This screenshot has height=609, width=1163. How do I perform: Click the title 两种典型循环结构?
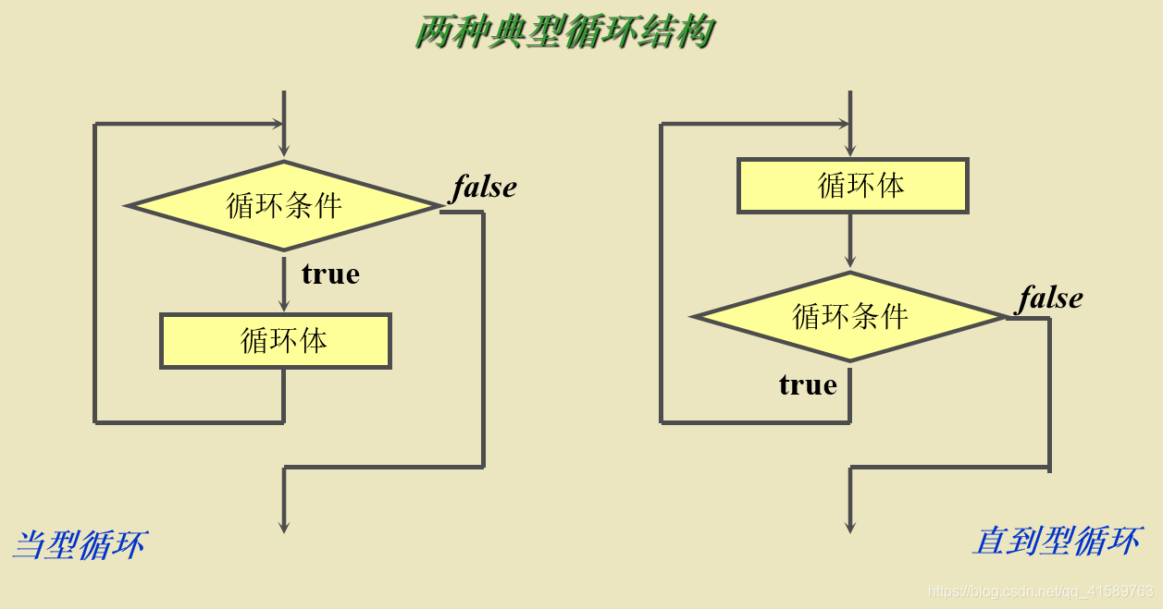tap(564, 32)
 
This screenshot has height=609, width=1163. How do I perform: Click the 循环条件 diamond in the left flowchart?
tap(284, 205)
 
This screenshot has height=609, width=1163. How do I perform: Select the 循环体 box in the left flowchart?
tap(276, 341)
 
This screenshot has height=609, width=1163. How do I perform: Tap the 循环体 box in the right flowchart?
tap(852, 186)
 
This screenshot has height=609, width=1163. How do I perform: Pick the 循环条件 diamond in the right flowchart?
tap(850, 317)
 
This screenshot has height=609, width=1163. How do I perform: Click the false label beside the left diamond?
tap(484, 188)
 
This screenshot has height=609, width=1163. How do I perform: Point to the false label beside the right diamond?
tap(1050, 298)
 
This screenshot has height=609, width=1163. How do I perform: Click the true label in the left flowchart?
tap(330, 274)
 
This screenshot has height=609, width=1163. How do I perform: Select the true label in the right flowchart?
tap(808, 384)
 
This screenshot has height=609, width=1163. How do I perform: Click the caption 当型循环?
tap(80, 544)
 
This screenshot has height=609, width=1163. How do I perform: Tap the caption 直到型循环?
tap(1056, 541)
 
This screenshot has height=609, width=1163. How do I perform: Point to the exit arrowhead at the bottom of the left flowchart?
tap(284, 526)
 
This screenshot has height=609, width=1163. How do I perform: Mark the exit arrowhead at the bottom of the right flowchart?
tap(850, 526)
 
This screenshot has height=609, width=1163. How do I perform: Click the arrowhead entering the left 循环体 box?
tap(284, 306)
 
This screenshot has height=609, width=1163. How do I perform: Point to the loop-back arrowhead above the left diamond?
tap(275, 124)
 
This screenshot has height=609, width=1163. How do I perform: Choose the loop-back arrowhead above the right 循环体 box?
tap(841, 124)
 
